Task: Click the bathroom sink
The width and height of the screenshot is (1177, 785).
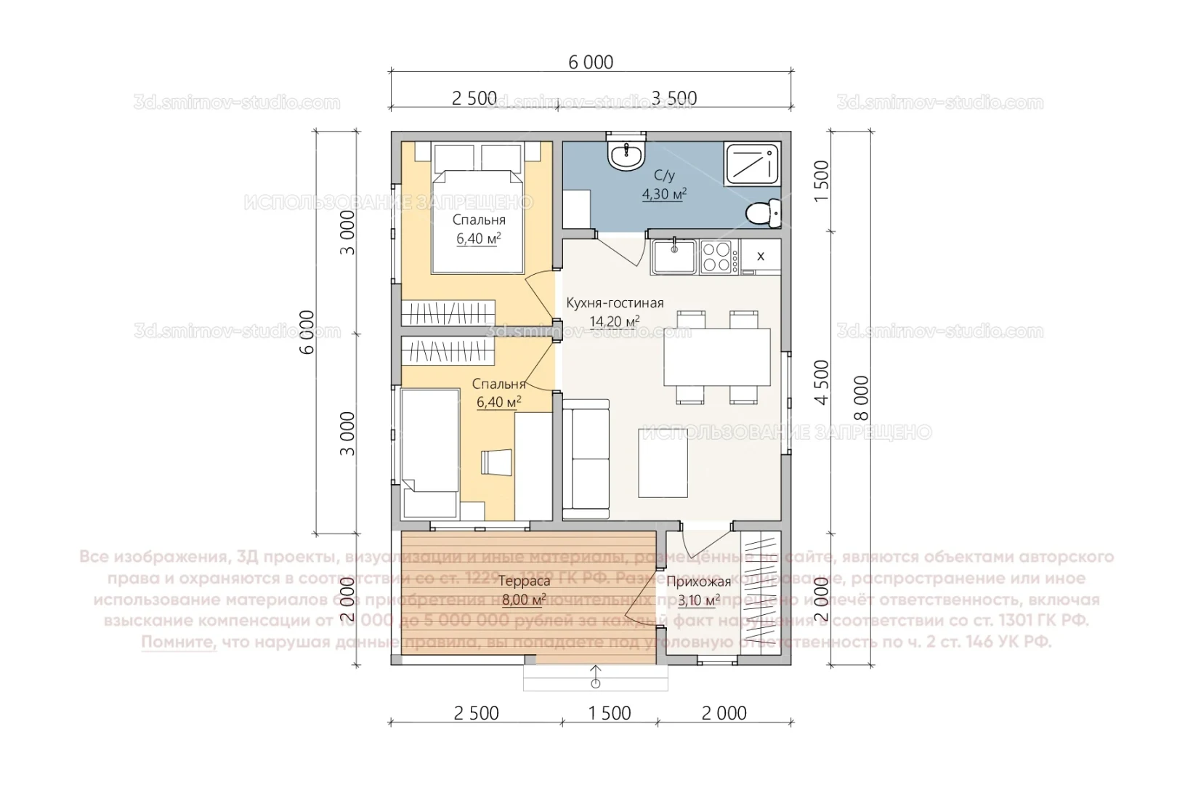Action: coord(626,156)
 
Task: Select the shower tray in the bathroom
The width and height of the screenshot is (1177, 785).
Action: coord(751,164)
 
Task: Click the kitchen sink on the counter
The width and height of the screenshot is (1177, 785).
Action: coord(674,257)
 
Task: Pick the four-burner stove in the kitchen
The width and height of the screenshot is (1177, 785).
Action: coord(716,257)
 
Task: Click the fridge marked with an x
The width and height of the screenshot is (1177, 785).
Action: coord(761,256)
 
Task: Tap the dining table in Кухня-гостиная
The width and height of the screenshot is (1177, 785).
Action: coord(716,357)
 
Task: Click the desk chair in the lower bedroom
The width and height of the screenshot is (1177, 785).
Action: coord(496,462)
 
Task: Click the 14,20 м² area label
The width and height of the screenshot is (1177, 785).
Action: coord(615,321)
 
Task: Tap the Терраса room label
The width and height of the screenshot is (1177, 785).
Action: coord(524,581)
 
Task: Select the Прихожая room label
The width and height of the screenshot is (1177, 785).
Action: coord(698,581)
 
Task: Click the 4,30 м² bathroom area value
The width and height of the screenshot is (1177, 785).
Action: coord(664,194)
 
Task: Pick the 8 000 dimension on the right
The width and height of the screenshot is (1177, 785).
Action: coord(861,398)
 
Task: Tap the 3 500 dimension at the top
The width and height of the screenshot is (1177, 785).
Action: coord(674,98)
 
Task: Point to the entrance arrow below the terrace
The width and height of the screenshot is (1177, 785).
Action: coord(596,677)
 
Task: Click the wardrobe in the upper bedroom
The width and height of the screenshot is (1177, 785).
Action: coord(448,313)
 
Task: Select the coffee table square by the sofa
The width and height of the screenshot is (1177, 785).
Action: coord(663,463)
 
